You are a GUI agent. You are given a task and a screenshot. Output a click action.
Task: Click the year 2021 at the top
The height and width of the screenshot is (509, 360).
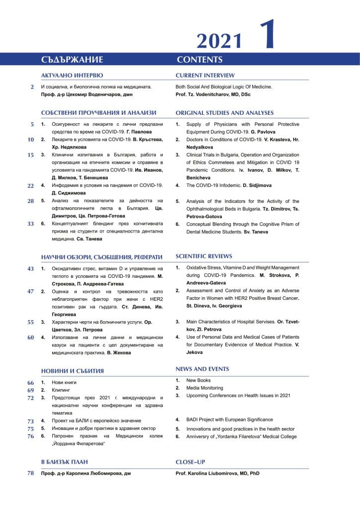tap(219, 40)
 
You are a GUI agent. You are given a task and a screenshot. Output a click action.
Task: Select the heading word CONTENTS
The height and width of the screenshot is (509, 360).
tap(199, 60)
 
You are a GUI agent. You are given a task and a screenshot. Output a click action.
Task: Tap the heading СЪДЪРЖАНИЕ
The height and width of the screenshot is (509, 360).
tap(72, 60)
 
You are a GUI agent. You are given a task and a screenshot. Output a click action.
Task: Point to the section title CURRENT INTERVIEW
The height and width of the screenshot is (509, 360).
tap(205, 76)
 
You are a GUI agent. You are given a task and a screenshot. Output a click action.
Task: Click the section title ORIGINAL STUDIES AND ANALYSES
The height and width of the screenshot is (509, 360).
tap(224, 113)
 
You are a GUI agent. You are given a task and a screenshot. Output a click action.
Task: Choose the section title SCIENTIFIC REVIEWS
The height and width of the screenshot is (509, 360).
tap(203, 256)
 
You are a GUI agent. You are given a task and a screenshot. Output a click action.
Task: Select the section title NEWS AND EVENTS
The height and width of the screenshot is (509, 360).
tap(202, 369)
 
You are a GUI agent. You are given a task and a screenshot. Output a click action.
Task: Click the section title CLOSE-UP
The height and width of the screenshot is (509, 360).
tap(190, 462)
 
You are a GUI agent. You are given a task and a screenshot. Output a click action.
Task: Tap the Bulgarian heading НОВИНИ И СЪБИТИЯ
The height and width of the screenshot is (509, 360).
tap(72, 371)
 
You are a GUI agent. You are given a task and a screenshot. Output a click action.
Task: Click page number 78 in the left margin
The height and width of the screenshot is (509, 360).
tap(30, 473)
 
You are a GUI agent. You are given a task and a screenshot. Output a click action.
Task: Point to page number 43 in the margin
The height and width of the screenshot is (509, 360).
tap(30, 268)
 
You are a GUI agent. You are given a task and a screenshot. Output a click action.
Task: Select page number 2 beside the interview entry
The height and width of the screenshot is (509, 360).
tap(32, 87)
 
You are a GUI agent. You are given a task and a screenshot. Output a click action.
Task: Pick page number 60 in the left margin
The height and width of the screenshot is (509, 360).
tap(30, 337)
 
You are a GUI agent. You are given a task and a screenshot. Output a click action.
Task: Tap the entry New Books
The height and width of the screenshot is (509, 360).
tap(198, 380)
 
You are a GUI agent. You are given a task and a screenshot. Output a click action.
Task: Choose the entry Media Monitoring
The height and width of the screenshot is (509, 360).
tap(204, 388)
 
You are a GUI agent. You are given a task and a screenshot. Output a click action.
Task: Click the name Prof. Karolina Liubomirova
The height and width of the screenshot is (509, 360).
tap(209, 474)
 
